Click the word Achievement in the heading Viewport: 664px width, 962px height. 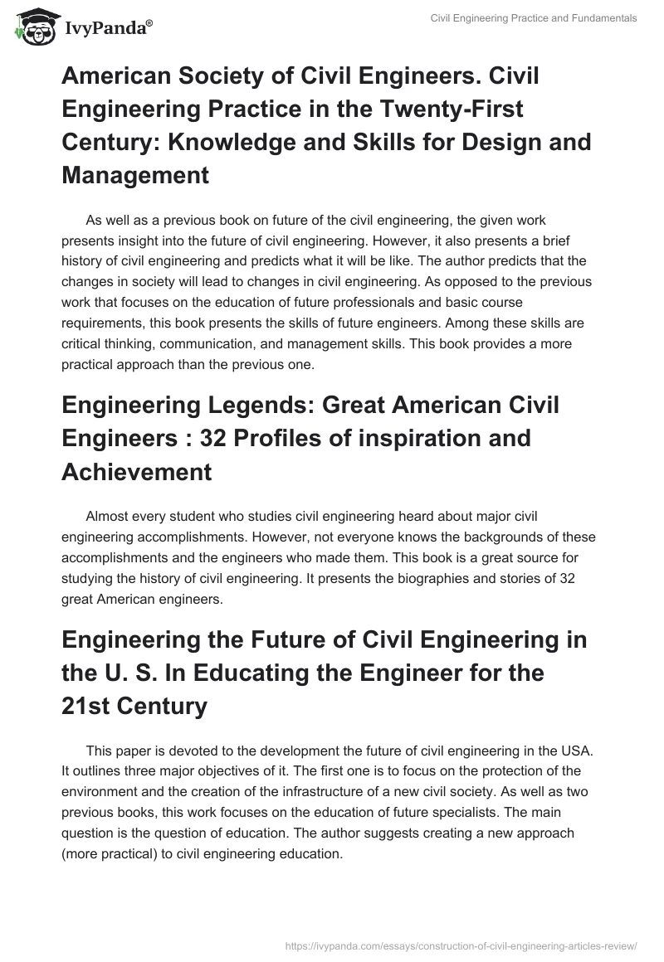click(x=137, y=472)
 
